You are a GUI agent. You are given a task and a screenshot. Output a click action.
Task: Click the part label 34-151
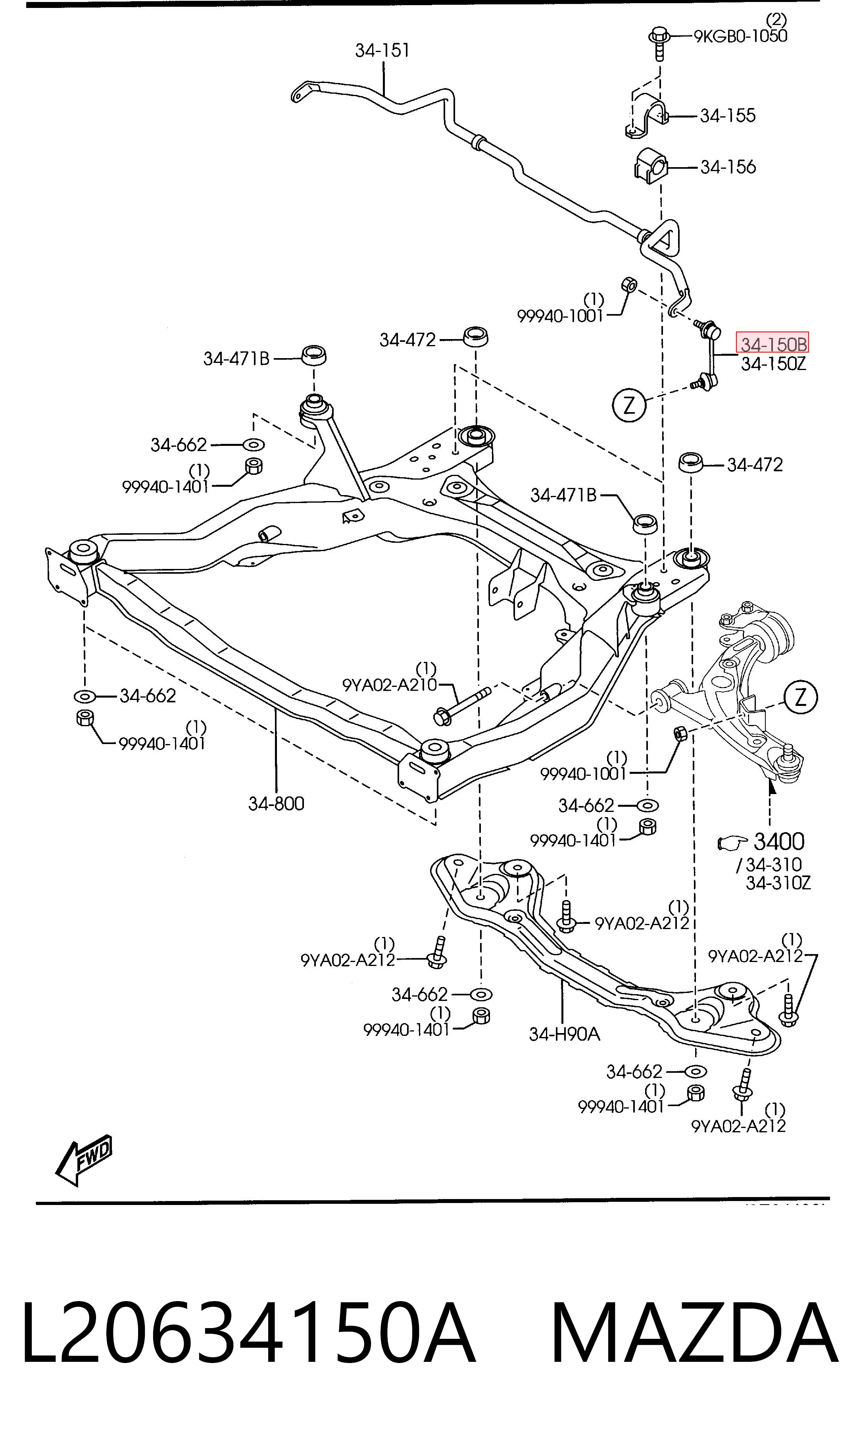pos(382,51)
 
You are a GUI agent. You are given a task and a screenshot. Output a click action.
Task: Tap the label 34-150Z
pos(773,364)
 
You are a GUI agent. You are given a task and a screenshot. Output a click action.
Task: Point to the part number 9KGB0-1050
pos(740,37)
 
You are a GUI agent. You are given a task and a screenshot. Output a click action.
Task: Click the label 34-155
pos(728,116)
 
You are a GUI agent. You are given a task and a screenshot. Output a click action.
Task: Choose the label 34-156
pos(728,167)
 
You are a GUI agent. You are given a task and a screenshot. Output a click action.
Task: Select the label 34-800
pos(276,804)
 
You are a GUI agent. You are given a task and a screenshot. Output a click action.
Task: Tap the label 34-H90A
pos(564,1034)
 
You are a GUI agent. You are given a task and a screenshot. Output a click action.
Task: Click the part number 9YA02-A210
pos(390,685)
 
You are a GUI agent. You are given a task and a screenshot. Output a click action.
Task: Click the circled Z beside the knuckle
pos(800,698)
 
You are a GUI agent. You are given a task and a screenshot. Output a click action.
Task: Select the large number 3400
pos(778,842)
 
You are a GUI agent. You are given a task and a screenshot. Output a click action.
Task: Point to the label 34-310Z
pos(778,883)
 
